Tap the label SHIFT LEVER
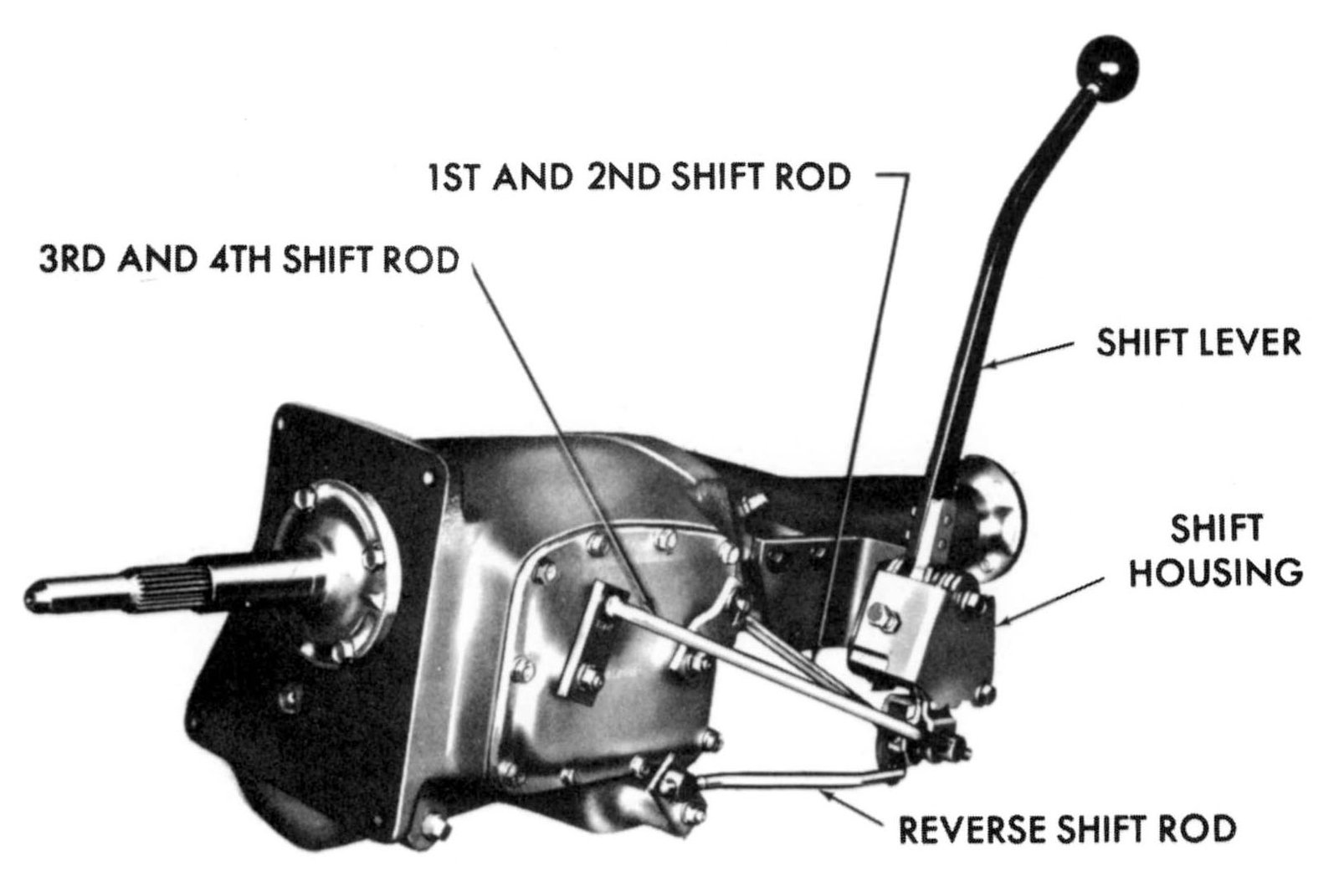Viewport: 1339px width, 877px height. [1198, 344]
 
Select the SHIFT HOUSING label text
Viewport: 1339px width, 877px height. [1216, 551]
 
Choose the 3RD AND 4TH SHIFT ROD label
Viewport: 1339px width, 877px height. [249, 260]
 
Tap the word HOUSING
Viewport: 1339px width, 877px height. [1216, 573]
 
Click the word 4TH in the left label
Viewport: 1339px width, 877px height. [244, 260]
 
